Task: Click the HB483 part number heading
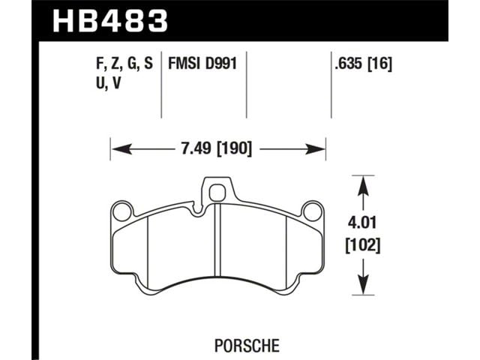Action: [110, 20]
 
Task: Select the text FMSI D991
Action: [202, 64]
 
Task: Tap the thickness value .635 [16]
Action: [363, 64]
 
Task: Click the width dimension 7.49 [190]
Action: [217, 148]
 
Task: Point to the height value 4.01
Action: [362, 223]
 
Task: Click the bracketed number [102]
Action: [363, 245]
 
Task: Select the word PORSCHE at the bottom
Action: [247, 346]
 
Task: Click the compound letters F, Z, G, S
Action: [124, 64]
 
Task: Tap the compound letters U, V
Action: [109, 83]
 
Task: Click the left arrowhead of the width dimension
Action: [121, 149]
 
